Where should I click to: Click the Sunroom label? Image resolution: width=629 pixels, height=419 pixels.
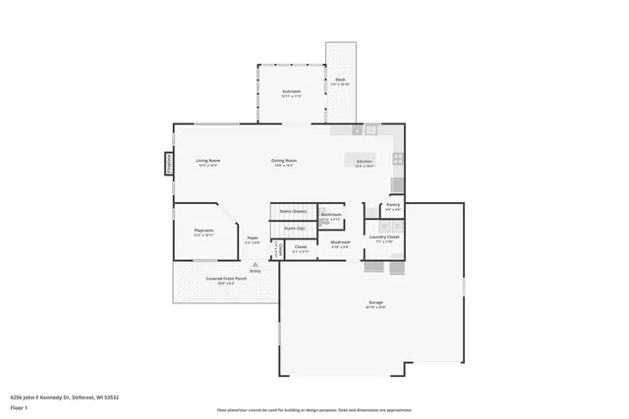coord(290,91)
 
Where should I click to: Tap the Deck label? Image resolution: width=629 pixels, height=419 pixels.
coord(340,80)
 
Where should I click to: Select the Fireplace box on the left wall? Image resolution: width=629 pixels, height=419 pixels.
coord(168,163)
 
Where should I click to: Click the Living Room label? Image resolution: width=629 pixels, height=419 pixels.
coord(207,160)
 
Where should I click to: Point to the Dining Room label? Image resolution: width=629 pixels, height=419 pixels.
coord(284,160)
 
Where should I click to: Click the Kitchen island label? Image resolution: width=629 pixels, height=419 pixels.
coord(364,160)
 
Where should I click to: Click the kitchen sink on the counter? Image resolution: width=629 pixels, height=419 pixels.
coord(372,129)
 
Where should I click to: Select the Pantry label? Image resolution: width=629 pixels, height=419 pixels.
coord(393,205)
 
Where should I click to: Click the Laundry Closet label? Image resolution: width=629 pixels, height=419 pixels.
coord(384,236)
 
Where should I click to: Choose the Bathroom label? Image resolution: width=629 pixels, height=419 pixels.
coord(331,214)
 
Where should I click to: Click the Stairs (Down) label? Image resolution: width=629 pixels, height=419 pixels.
coord(293,211)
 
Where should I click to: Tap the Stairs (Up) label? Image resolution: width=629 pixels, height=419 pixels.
coord(294,228)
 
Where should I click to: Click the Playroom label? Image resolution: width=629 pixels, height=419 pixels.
coord(203,232)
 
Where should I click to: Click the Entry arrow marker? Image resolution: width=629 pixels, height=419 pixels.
coord(256,263)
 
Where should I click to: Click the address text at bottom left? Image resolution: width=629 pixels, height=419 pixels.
coord(65,397)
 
